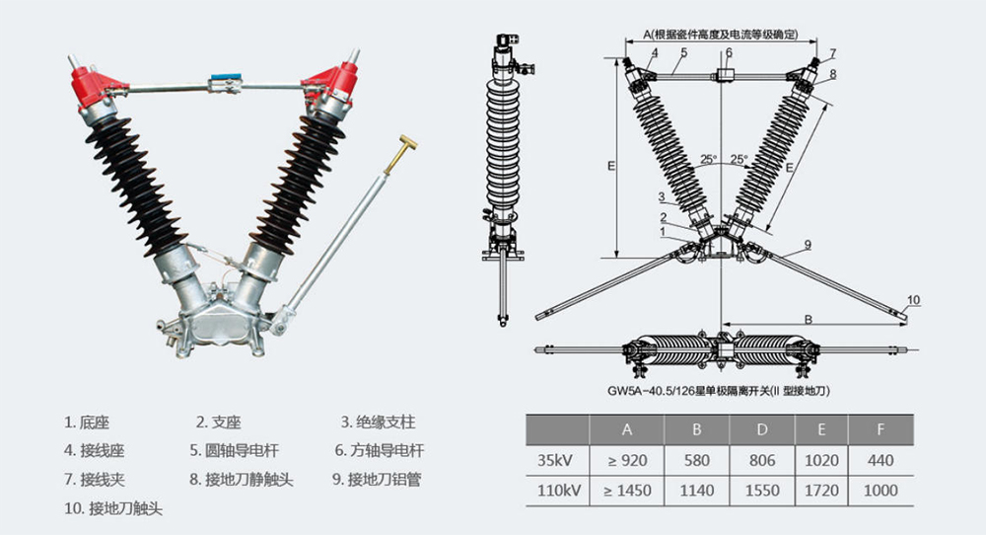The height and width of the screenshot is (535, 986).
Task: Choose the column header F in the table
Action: coord(881,430)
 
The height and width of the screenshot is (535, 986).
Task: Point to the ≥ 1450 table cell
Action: coord(626,490)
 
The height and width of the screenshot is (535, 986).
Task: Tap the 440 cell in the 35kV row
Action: coord(881,460)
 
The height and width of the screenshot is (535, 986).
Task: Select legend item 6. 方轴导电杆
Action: coord(379,451)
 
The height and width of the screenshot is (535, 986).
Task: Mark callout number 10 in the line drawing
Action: coord(912,299)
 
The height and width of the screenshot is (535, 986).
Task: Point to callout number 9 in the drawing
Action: coord(807,244)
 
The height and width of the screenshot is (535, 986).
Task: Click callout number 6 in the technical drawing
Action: coord(729,52)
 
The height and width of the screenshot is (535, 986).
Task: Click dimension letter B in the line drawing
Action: coord(807,319)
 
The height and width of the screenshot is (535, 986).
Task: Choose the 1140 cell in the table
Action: coord(694,490)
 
